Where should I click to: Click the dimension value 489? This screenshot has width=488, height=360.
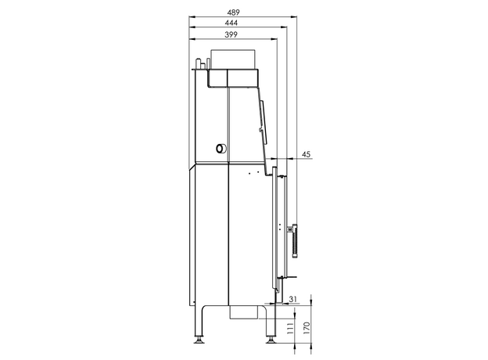(233, 13)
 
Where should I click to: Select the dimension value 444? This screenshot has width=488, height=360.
(231, 23)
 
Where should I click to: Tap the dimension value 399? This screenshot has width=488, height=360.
(231, 34)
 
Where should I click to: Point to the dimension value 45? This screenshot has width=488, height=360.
(307, 154)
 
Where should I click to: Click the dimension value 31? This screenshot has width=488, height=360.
(292, 299)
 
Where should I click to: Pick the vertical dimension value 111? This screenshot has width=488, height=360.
(290, 328)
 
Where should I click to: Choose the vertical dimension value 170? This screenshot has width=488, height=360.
(307, 328)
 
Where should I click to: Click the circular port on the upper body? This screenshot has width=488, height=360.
(221, 149)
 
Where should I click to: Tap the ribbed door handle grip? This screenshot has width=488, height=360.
(295, 241)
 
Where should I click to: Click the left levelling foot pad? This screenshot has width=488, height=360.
(198, 340)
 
